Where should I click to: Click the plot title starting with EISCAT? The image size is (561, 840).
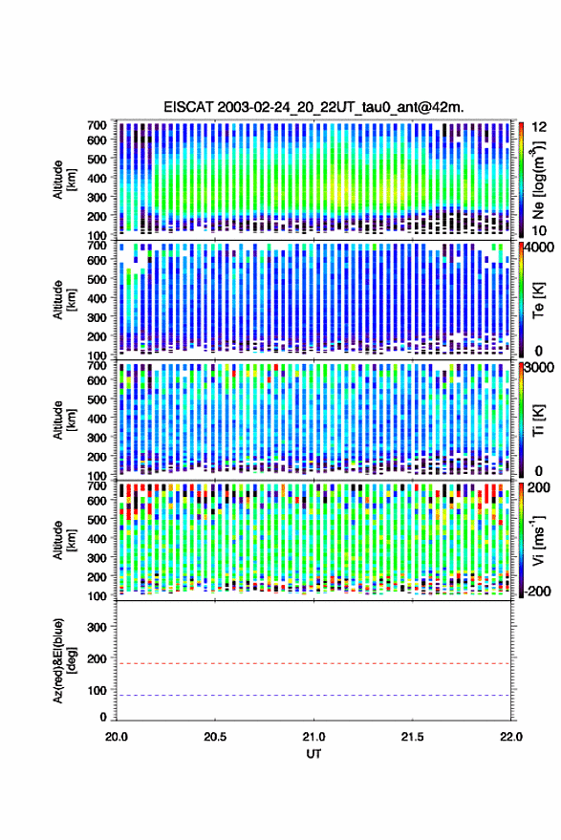point(313,107)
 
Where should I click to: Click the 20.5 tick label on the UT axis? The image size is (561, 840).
point(215,737)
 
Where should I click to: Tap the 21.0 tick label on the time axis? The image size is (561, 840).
point(313,737)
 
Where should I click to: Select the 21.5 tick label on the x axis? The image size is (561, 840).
point(412,737)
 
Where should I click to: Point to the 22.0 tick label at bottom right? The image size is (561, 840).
point(510,737)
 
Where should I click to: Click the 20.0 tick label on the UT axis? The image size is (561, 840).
point(117,737)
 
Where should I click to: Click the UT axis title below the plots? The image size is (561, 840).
point(313,754)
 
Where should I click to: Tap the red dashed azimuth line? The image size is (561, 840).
point(313,664)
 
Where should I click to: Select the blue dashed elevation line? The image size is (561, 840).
point(313,696)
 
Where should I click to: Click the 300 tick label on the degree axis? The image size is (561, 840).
point(97,627)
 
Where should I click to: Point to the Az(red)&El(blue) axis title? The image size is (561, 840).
point(64,661)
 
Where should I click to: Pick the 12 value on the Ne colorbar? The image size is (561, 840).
point(539,127)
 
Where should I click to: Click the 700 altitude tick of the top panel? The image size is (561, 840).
point(97,125)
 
